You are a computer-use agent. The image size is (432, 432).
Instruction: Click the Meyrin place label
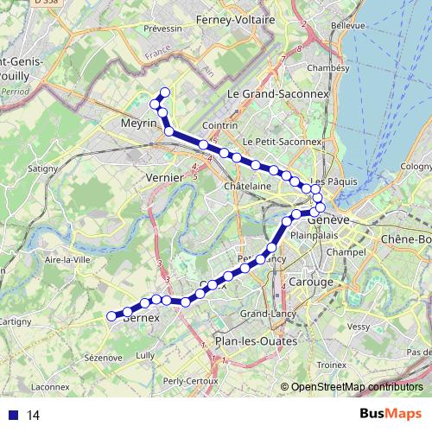[x=139, y=124]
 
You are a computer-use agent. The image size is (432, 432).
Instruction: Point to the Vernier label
[x=165, y=177]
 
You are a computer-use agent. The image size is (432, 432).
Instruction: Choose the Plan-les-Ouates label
[x=256, y=341]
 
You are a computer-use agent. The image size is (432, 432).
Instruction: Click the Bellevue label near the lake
[x=347, y=26]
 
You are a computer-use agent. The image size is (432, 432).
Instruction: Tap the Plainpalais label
[x=312, y=235]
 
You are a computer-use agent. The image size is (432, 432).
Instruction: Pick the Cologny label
[x=416, y=166]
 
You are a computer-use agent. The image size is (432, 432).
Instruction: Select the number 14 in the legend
[x=34, y=415]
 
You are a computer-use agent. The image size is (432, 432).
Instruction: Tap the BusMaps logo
[x=390, y=414]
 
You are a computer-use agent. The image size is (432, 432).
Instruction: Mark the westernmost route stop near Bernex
[x=111, y=316]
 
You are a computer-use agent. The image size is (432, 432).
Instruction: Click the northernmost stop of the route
[x=165, y=92]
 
